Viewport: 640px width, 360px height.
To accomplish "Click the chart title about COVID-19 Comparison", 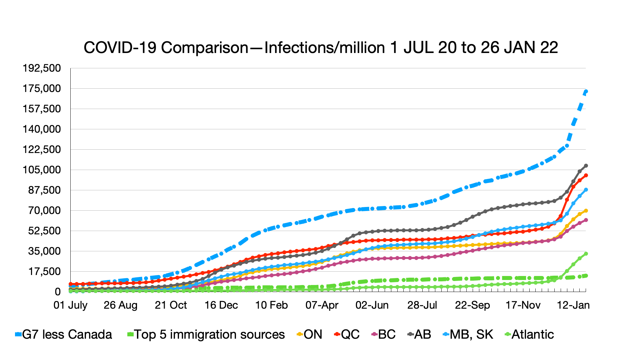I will tap(321, 48).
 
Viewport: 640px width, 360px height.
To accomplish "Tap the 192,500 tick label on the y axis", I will tap(42, 68).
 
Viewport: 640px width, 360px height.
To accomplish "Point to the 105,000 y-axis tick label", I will tap(42, 170).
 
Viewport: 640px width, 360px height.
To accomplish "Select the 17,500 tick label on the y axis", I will tap(44, 271).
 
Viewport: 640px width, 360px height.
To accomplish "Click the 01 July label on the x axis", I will tap(70, 305).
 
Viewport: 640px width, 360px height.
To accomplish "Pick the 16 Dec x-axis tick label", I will tap(221, 305).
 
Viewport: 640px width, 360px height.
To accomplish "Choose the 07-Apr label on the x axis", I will tap(322, 305).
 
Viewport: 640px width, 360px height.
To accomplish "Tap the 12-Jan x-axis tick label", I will tap(573, 305).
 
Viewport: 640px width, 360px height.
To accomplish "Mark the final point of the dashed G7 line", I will tap(586, 91).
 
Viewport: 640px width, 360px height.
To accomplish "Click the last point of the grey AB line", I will tap(586, 166).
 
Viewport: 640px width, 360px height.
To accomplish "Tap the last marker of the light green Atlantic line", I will tap(586, 254).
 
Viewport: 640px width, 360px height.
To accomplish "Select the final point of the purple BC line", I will tap(586, 220).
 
